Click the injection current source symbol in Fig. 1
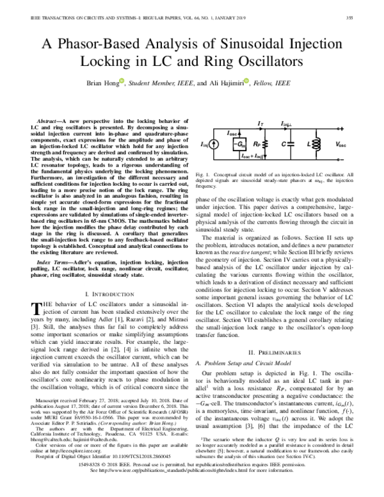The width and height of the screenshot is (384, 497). pos(212,145)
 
